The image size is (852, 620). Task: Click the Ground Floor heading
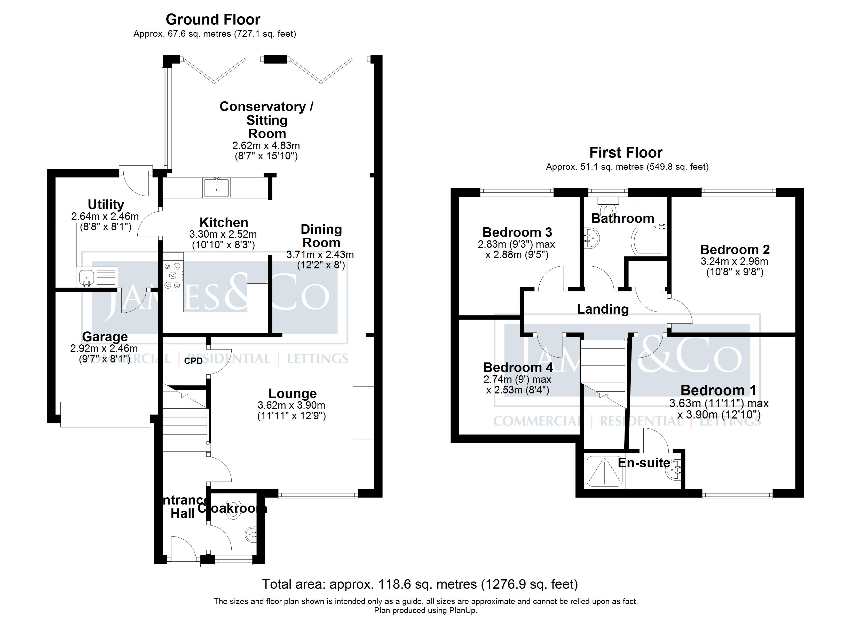point(213,20)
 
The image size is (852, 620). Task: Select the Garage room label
point(105,337)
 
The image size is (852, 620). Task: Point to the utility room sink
point(87,277)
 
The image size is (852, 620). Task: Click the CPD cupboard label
point(193,361)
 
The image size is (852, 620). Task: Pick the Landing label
point(603,309)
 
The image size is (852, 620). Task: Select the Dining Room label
point(321,236)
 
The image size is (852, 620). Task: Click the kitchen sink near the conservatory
point(217,188)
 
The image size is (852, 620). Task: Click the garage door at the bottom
point(105,414)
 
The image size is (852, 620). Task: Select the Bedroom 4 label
point(518,367)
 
